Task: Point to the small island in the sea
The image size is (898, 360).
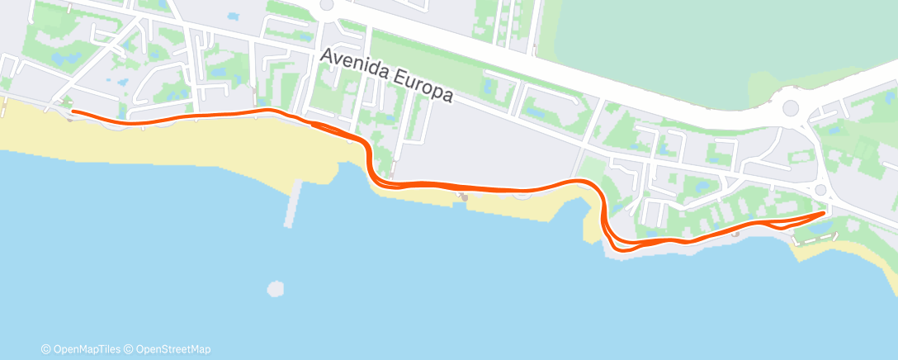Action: point(275,289)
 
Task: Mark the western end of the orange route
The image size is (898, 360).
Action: point(73,111)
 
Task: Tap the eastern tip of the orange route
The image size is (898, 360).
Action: point(824,213)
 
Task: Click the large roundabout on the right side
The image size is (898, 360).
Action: point(791,107)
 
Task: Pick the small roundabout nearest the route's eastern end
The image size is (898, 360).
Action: point(820,191)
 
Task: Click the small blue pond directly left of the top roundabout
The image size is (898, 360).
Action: point(233,17)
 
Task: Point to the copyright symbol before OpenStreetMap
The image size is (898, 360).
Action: point(128,349)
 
